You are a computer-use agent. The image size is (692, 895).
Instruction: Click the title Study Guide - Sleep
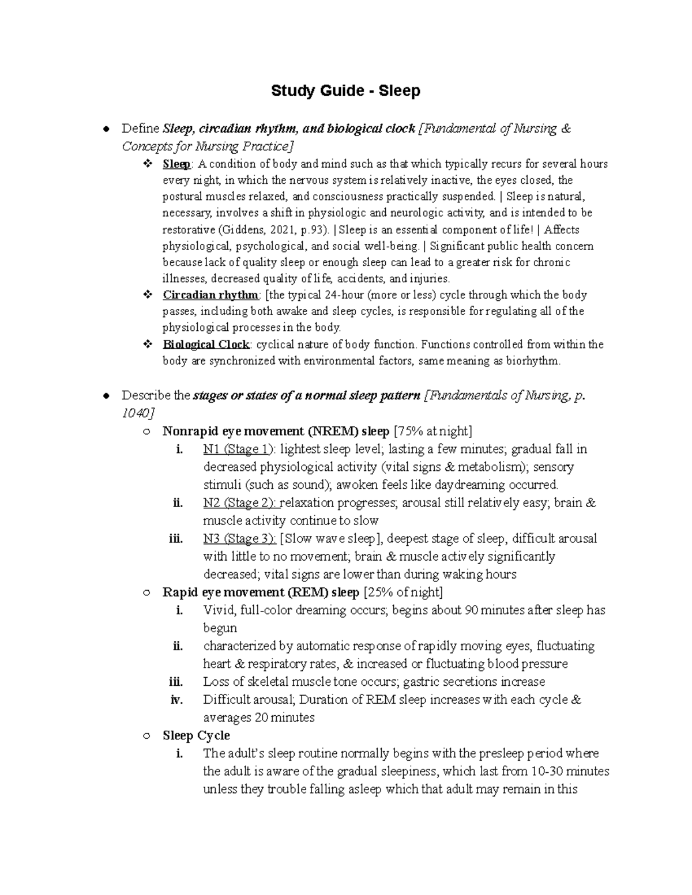345,91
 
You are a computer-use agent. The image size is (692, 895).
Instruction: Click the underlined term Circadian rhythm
210,295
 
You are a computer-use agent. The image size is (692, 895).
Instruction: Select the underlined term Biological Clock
206,345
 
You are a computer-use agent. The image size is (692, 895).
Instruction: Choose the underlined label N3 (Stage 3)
239,538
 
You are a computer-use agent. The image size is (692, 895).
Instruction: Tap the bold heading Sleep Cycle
196,735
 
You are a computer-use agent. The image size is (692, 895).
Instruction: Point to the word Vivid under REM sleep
219,610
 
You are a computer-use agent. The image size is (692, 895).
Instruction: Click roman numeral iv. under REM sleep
176,700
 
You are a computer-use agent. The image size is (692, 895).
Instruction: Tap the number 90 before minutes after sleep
470,610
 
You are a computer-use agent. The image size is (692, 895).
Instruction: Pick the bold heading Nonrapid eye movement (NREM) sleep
276,431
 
